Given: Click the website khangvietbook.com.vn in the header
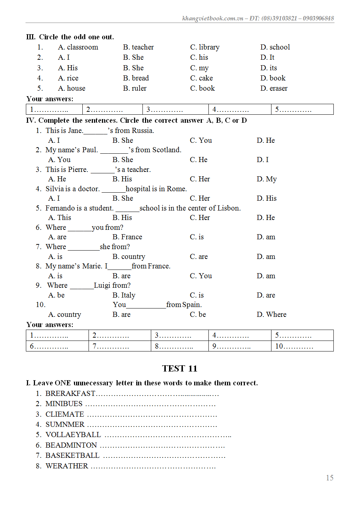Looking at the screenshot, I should pyautogui.click(x=212, y=18).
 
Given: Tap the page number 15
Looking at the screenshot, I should pyautogui.click(x=329, y=477).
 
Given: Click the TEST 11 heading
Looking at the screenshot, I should pyautogui.click(x=180, y=369).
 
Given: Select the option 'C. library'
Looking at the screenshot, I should pyautogui.click(x=204, y=47).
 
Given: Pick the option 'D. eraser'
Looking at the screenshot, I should pyautogui.click(x=274, y=89).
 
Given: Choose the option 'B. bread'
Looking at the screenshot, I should pyautogui.click(x=136, y=78).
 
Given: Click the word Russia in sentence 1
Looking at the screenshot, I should pyautogui.click(x=142, y=130).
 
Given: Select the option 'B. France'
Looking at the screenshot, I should pyautogui.click(x=127, y=237).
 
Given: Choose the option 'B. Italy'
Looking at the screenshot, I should pyautogui.click(x=124, y=295).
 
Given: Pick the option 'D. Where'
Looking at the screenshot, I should pyautogui.click(x=271, y=314).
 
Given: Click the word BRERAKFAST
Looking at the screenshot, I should pyautogui.click(x=70, y=393).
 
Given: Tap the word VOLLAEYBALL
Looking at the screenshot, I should pyautogui.click(x=73, y=435).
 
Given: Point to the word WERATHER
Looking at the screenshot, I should pyautogui.click(x=67, y=466).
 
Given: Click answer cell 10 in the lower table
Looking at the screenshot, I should pyautogui.click(x=302, y=346).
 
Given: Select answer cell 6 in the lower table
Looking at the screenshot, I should pyautogui.click(x=57, y=346).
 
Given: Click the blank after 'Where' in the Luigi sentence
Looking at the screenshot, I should pyautogui.click(x=82, y=286).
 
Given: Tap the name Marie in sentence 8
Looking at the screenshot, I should pyautogui.click(x=91, y=266).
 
